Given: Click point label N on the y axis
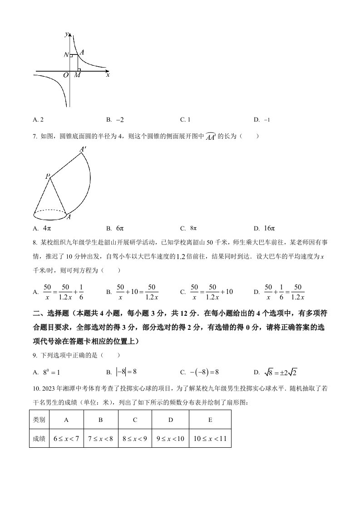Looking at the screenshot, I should [x=66, y=55].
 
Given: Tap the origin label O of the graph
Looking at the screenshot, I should [x=66, y=75].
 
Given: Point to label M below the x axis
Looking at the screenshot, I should [x=77, y=75].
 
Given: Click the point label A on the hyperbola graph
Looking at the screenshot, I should [x=81, y=53].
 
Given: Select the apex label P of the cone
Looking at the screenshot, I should [x=47, y=176].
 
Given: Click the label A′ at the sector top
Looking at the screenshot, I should [x=84, y=149].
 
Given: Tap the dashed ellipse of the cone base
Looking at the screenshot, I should [x=50, y=211].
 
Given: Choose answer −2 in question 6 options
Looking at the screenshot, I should [x=120, y=120].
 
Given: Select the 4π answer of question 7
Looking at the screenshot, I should [x=47, y=228].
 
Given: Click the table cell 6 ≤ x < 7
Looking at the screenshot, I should [x=66, y=439].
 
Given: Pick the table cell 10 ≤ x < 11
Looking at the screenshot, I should [x=210, y=439].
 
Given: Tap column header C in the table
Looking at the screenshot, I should [x=135, y=420].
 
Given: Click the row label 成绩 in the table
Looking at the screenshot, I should [x=39, y=439].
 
